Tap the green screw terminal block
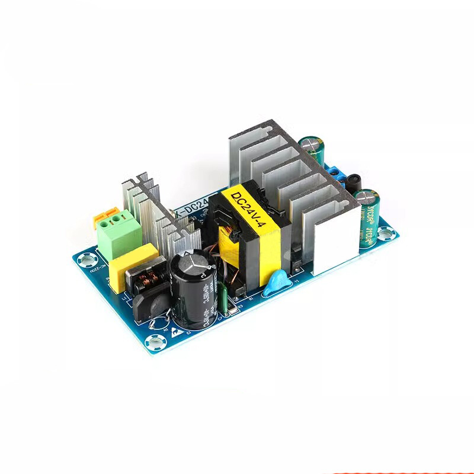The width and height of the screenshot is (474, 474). click(120, 235)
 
